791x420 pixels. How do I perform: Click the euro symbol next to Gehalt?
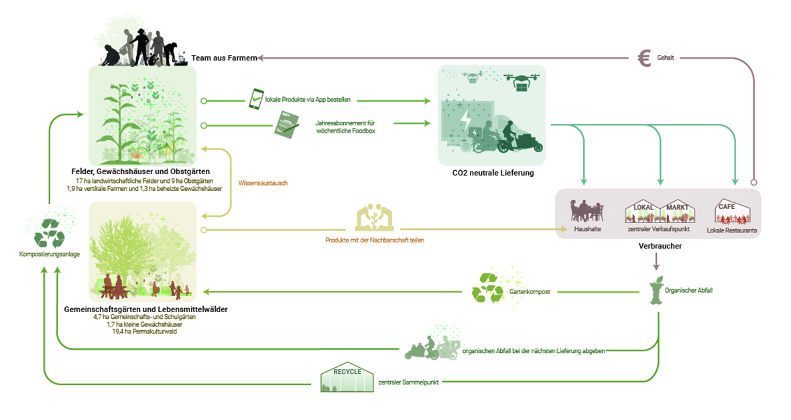click(644, 58)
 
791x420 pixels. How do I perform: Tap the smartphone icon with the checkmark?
click(256, 99)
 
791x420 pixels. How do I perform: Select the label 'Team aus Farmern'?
click(224, 59)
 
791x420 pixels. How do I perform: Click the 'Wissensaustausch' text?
click(263, 183)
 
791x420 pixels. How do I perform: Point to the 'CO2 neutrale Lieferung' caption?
click(493, 174)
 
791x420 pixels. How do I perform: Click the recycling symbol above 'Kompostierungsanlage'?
click(50, 231)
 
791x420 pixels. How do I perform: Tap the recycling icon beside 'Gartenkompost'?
click(487, 288)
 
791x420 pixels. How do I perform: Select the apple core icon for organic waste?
click(656, 291)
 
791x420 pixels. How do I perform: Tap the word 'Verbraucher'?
click(660, 247)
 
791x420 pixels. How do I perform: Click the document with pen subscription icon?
click(287, 124)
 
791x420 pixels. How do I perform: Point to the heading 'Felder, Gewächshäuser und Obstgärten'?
click(143, 173)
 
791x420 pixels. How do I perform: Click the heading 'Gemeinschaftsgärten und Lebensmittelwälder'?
click(145, 309)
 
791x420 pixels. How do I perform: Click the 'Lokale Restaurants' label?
click(731, 230)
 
